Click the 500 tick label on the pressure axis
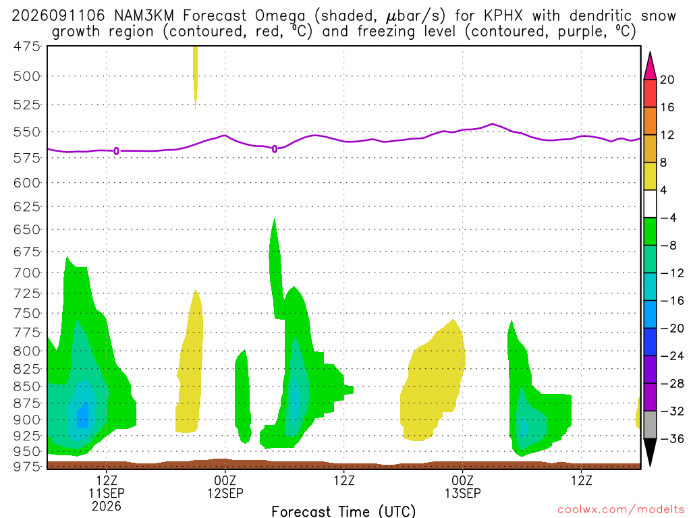(27, 76)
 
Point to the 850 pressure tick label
(27, 386)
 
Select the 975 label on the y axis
(27, 466)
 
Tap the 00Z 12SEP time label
(225, 486)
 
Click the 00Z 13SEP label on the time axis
(463, 486)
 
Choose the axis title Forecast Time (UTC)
(343, 511)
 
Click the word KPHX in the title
(503, 16)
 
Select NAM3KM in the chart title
(144, 16)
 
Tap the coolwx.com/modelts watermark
(621, 510)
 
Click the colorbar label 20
(667, 80)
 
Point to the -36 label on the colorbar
(672, 438)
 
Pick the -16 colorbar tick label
(672, 301)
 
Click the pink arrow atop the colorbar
(650, 67)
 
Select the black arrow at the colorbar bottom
(650, 451)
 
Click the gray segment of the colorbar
(650, 425)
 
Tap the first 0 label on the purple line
(116, 151)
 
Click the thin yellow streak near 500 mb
(195, 76)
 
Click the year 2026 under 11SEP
(107, 506)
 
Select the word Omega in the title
(280, 16)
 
